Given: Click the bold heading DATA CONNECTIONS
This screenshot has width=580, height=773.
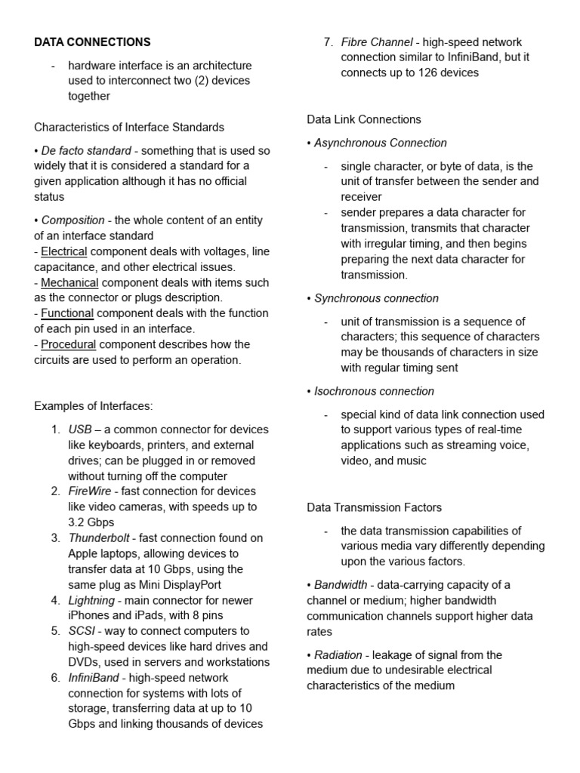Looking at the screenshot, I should click(x=92, y=42).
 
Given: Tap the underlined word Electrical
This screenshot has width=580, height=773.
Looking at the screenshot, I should click(x=64, y=251).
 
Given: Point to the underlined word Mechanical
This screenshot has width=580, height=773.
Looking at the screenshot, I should click(x=69, y=282).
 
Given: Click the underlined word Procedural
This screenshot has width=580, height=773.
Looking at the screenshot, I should click(x=69, y=344).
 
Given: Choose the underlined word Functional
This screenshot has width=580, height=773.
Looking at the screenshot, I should click(x=67, y=313).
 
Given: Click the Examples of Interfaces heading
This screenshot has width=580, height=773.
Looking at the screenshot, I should click(x=93, y=406).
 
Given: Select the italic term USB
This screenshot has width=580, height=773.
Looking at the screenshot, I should click(x=80, y=430).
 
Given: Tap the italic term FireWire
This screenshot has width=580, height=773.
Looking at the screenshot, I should click(x=90, y=491).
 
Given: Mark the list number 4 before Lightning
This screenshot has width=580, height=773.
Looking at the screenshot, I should click(x=55, y=600).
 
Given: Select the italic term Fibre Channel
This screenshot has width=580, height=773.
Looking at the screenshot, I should click(x=377, y=42).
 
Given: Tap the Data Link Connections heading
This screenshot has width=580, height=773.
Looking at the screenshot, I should click(x=364, y=119).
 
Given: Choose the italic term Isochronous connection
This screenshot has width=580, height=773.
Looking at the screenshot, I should click(x=374, y=391).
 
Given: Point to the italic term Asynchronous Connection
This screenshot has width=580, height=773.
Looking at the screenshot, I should click(x=380, y=143).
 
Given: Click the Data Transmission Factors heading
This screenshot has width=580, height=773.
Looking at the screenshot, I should click(x=374, y=507).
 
